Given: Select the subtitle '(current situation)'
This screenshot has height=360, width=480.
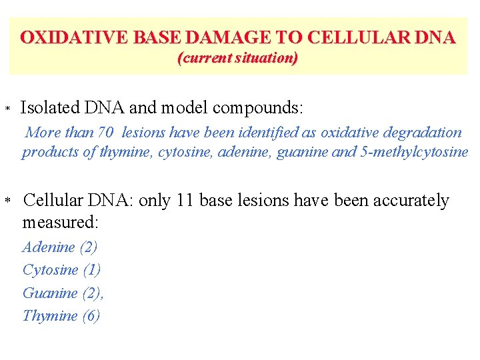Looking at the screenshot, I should point(237,58).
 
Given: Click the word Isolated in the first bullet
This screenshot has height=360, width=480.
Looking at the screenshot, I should point(50,107).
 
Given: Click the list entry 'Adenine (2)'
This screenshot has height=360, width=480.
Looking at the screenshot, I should point(60,247).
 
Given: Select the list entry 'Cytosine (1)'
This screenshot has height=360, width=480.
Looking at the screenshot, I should point(61,270).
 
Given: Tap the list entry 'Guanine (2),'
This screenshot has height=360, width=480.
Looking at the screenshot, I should point(63,293).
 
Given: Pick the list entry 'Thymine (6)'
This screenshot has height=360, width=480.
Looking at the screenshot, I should point(61,315).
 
